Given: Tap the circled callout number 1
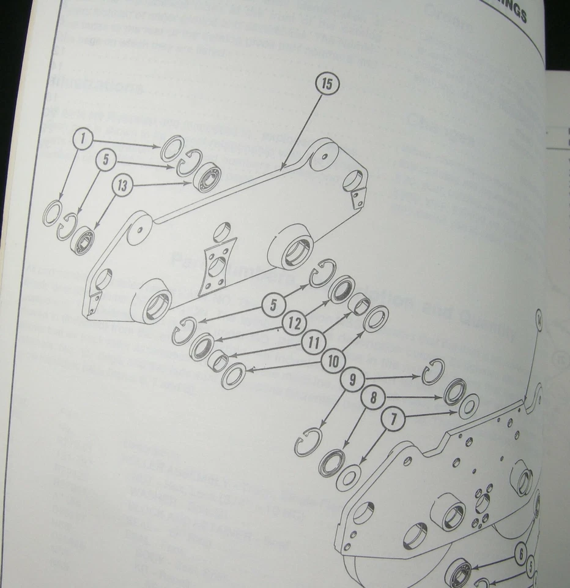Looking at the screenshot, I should coord(84,140).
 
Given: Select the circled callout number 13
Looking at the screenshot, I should coord(123,186).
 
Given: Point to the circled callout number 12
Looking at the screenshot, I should coord(295,323).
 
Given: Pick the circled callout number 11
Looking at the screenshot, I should coord(314,343).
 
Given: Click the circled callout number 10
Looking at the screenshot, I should coord(333,362).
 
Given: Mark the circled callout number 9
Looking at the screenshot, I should coord(352,381).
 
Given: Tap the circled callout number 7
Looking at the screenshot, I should coord(393,420).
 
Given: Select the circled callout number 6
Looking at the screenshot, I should coord(520,556).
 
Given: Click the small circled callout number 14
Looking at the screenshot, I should coord(538,318).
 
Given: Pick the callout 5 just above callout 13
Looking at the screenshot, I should coord(105,160).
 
